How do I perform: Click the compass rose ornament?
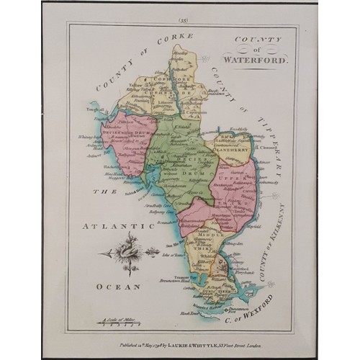point(128,253)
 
